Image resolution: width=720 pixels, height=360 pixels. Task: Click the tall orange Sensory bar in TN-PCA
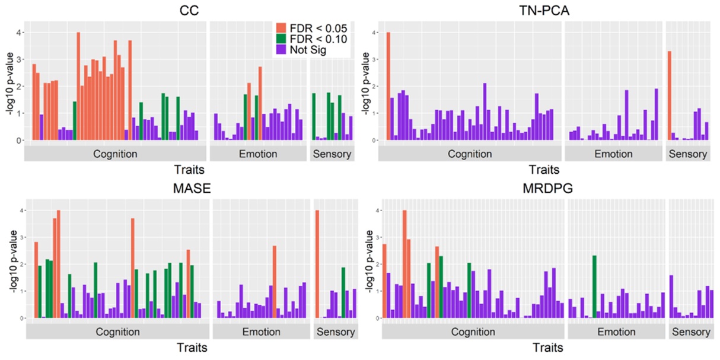[x=669, y=95]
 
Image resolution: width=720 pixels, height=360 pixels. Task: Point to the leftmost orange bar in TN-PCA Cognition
[x=388, y=86]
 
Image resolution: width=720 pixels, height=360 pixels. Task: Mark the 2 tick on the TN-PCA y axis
[x=375, y=87]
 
